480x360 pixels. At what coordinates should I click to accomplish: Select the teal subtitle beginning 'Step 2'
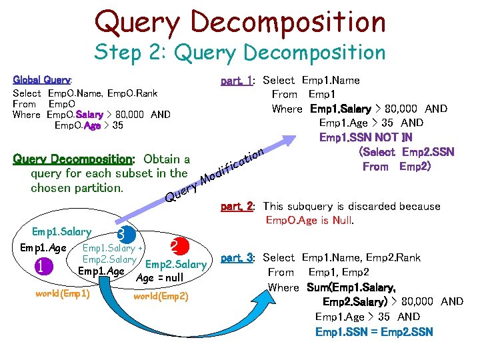[x=240, y=52]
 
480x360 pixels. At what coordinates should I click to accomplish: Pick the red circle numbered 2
[x=175, y=246]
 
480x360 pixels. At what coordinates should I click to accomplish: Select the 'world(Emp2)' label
[x=161, y=295]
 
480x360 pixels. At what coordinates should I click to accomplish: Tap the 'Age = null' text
[x=159, y=277]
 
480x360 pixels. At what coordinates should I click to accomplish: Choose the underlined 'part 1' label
[x=235, y=80]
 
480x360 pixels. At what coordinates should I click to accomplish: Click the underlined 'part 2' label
[x=235, y=207]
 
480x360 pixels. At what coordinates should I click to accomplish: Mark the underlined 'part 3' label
[x=235, y=257]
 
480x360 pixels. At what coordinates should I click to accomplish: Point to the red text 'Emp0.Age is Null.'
[x=309, y=220]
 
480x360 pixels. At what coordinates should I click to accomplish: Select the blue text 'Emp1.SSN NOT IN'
[x=366, y=137]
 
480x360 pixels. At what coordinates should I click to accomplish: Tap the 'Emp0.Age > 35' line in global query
[x=89, y=125]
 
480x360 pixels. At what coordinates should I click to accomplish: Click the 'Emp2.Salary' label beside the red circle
[x=175, y=265]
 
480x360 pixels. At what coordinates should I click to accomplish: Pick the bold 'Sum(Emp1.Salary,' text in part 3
[x=351, y=287]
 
